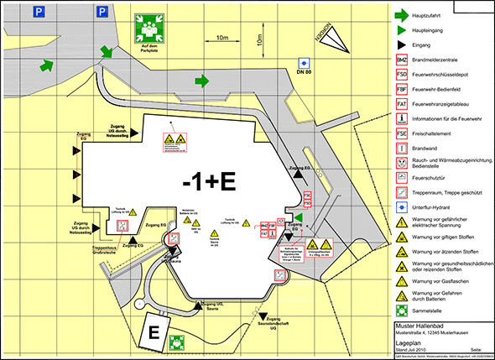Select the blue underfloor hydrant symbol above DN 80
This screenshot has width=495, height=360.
[x=305, y=62]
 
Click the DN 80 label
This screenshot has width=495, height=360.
[x=305, y=75]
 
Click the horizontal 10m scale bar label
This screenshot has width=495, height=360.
[x=222, y=38]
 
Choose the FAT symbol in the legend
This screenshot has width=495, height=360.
[x=403, y=103]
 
